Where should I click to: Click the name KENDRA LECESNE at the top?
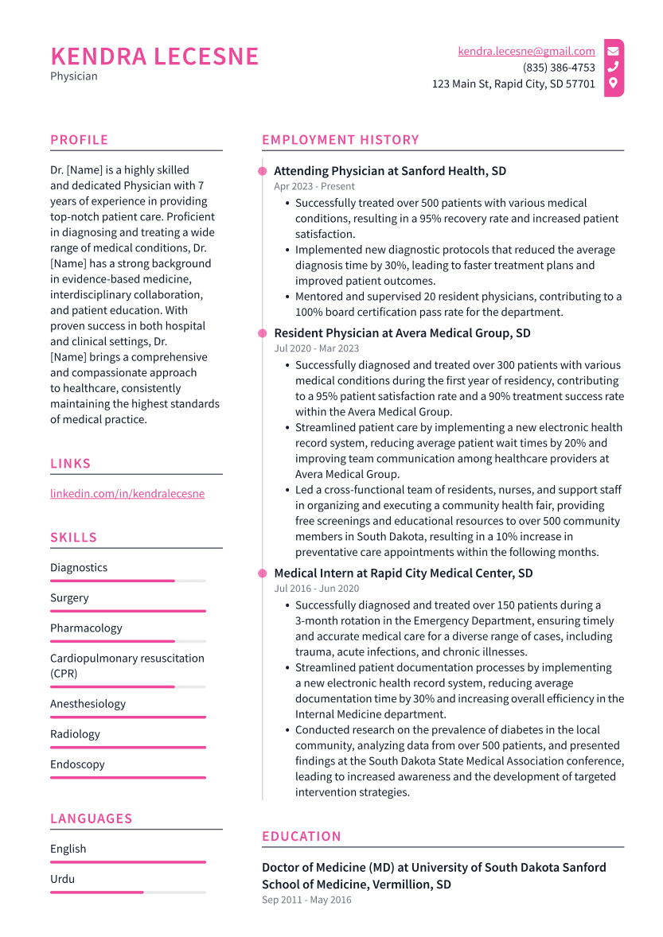154,56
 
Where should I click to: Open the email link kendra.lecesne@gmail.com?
526,51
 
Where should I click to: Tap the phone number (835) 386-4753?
559,68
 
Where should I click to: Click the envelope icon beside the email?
613,51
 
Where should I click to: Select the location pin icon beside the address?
613,83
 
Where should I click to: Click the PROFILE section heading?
79,140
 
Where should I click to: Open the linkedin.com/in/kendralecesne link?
127,493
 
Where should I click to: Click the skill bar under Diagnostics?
127,581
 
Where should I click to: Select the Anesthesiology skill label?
88,704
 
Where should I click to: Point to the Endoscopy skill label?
77,764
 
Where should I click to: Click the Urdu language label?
62,879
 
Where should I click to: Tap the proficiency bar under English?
127,861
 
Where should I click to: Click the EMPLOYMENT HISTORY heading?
340,140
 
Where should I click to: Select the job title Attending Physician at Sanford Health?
389,171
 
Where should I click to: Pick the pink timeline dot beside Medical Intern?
262,573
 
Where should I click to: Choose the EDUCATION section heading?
301,836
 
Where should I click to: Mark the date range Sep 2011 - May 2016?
306,900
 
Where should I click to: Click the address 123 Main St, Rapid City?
513,84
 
